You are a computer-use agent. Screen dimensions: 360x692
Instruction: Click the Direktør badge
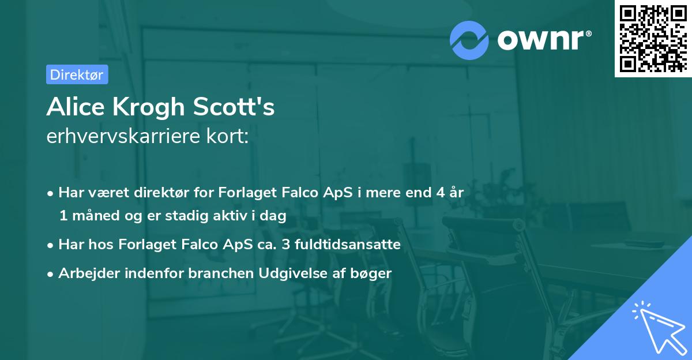pos(77,74)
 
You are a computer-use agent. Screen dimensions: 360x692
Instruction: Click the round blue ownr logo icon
pos(469,40)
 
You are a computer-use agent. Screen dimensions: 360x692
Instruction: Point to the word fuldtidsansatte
pos(348,245)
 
